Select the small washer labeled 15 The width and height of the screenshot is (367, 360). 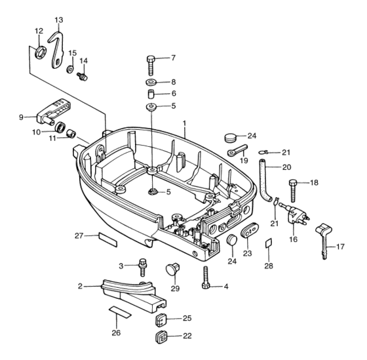tap(70, 69)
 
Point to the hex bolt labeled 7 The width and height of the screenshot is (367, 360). tap(151, 66)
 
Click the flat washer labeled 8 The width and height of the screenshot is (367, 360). tap(152, 83)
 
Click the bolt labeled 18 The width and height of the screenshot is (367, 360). tap(294, 191)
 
